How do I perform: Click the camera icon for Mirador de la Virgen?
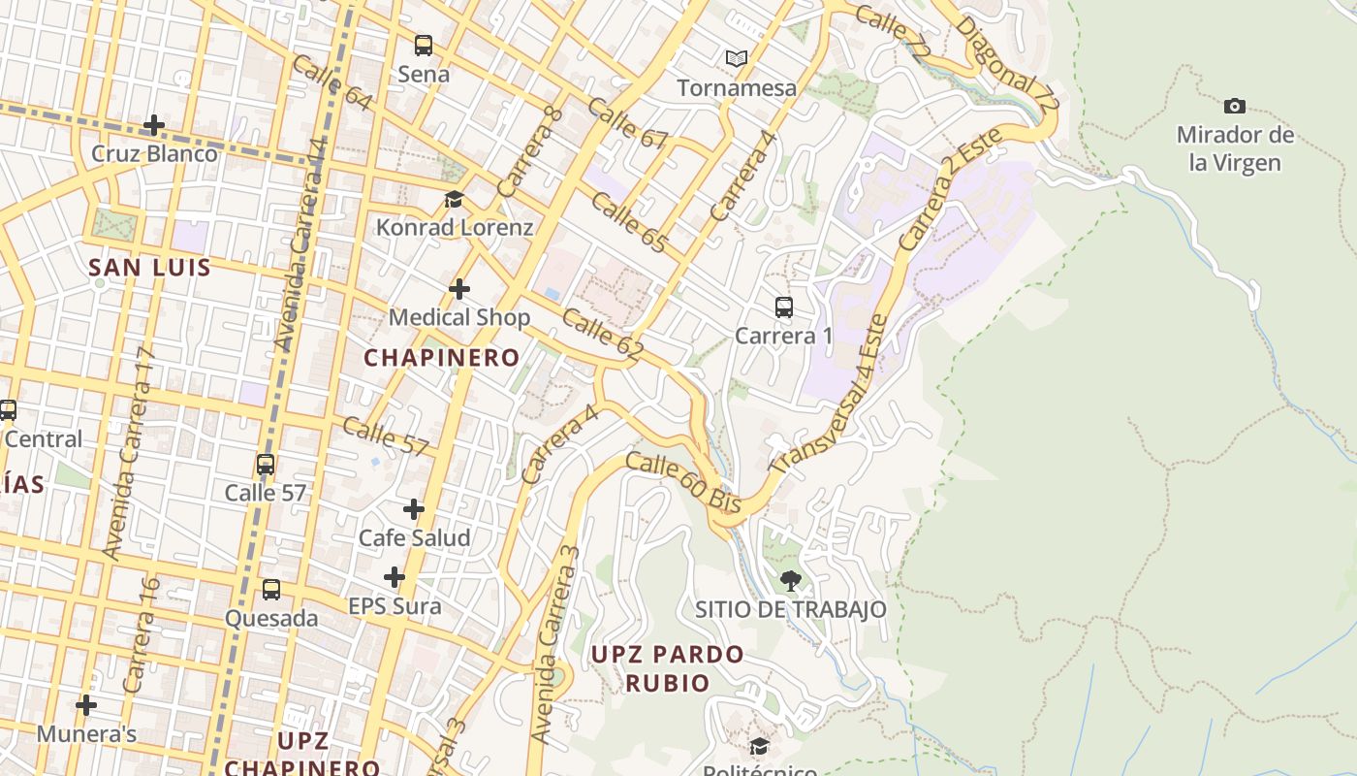[1235, 106]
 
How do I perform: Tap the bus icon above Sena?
[424, 45]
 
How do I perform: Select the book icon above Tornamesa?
[737, 58]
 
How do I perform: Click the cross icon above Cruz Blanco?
[153, 125]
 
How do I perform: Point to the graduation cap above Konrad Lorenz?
[454, 200]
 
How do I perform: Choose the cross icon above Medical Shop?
[459, 289]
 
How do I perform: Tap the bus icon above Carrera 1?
[784, 307]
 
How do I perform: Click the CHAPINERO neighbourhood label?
[442, 358]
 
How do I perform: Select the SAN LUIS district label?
[149, 268]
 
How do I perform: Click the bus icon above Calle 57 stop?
[266, 465]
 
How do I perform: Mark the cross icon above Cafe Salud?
[414, 509]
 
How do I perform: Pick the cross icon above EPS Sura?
[394, 578]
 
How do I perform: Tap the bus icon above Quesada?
[271, 590]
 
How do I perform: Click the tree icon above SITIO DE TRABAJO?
[791, 581]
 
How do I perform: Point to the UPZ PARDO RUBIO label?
[667, 668]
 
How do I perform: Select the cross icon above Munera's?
[86, 705]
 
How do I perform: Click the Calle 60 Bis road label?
[683, 482]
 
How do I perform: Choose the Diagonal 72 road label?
[1008, 63]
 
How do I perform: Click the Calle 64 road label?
[331, 83]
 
